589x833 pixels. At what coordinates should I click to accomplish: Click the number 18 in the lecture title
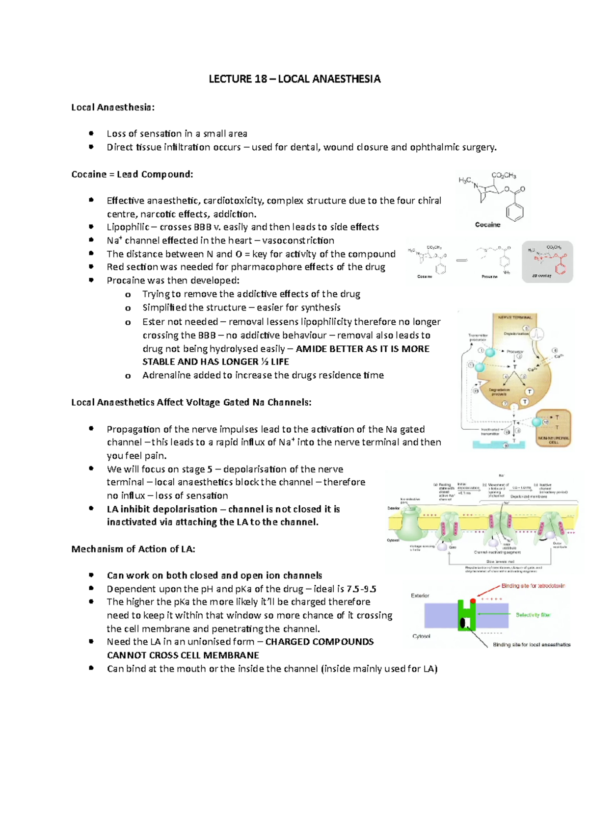coord(261,79)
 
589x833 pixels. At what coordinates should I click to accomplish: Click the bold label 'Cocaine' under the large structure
coord(487,225)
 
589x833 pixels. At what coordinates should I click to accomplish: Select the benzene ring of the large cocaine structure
coord(514,212)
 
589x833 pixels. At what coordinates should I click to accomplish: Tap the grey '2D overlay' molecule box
coord(547,261)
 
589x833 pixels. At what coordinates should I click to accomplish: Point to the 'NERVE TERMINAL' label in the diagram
coord(515,317)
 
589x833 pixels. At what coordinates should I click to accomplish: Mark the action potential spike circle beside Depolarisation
coord(542,335)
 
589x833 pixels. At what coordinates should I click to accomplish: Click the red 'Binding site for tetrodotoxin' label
coord(533,586)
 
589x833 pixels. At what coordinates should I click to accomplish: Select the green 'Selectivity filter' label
coord(533,615)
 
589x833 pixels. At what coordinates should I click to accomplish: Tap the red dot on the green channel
coord(473,600)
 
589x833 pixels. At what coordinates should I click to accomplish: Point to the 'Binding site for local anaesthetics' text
coord(532,645)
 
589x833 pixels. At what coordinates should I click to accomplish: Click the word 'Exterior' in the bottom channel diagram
coord(420,596)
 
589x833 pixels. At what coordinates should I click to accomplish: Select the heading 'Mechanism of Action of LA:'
coord(133,549)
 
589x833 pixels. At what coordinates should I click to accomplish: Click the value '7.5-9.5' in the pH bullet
coord(361,589)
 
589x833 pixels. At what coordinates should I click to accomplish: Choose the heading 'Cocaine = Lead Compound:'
coord(132,174)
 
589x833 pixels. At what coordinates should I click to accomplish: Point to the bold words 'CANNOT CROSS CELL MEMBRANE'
coord(183,655)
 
